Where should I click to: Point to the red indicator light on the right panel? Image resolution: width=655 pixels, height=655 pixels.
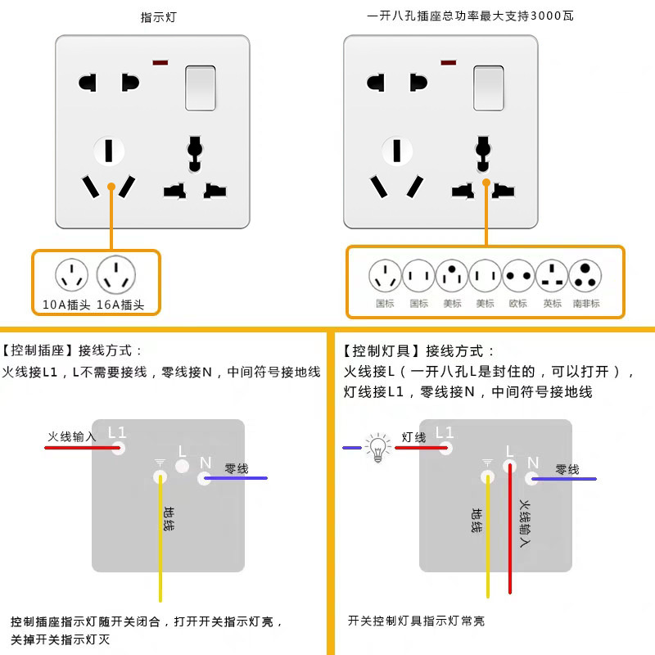point(448,62)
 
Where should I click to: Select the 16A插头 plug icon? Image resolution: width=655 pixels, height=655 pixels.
point(116,275)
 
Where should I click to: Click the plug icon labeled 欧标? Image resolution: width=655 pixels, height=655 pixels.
point(518,277)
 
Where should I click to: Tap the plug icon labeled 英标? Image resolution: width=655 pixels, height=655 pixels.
point(553,277)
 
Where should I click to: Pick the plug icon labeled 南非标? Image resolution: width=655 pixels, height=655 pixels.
point(586,277)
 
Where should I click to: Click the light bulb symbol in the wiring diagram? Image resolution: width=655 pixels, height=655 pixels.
point(377,449)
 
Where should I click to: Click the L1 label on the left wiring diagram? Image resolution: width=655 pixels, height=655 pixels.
point(118,431)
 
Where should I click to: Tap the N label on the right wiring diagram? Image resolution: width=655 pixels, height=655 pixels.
point(533,463)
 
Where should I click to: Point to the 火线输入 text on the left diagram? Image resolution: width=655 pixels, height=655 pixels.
point(72,436)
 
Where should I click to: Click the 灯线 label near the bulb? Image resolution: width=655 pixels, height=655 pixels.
point(413,437)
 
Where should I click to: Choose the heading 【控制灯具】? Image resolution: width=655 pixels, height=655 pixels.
point(382,351)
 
